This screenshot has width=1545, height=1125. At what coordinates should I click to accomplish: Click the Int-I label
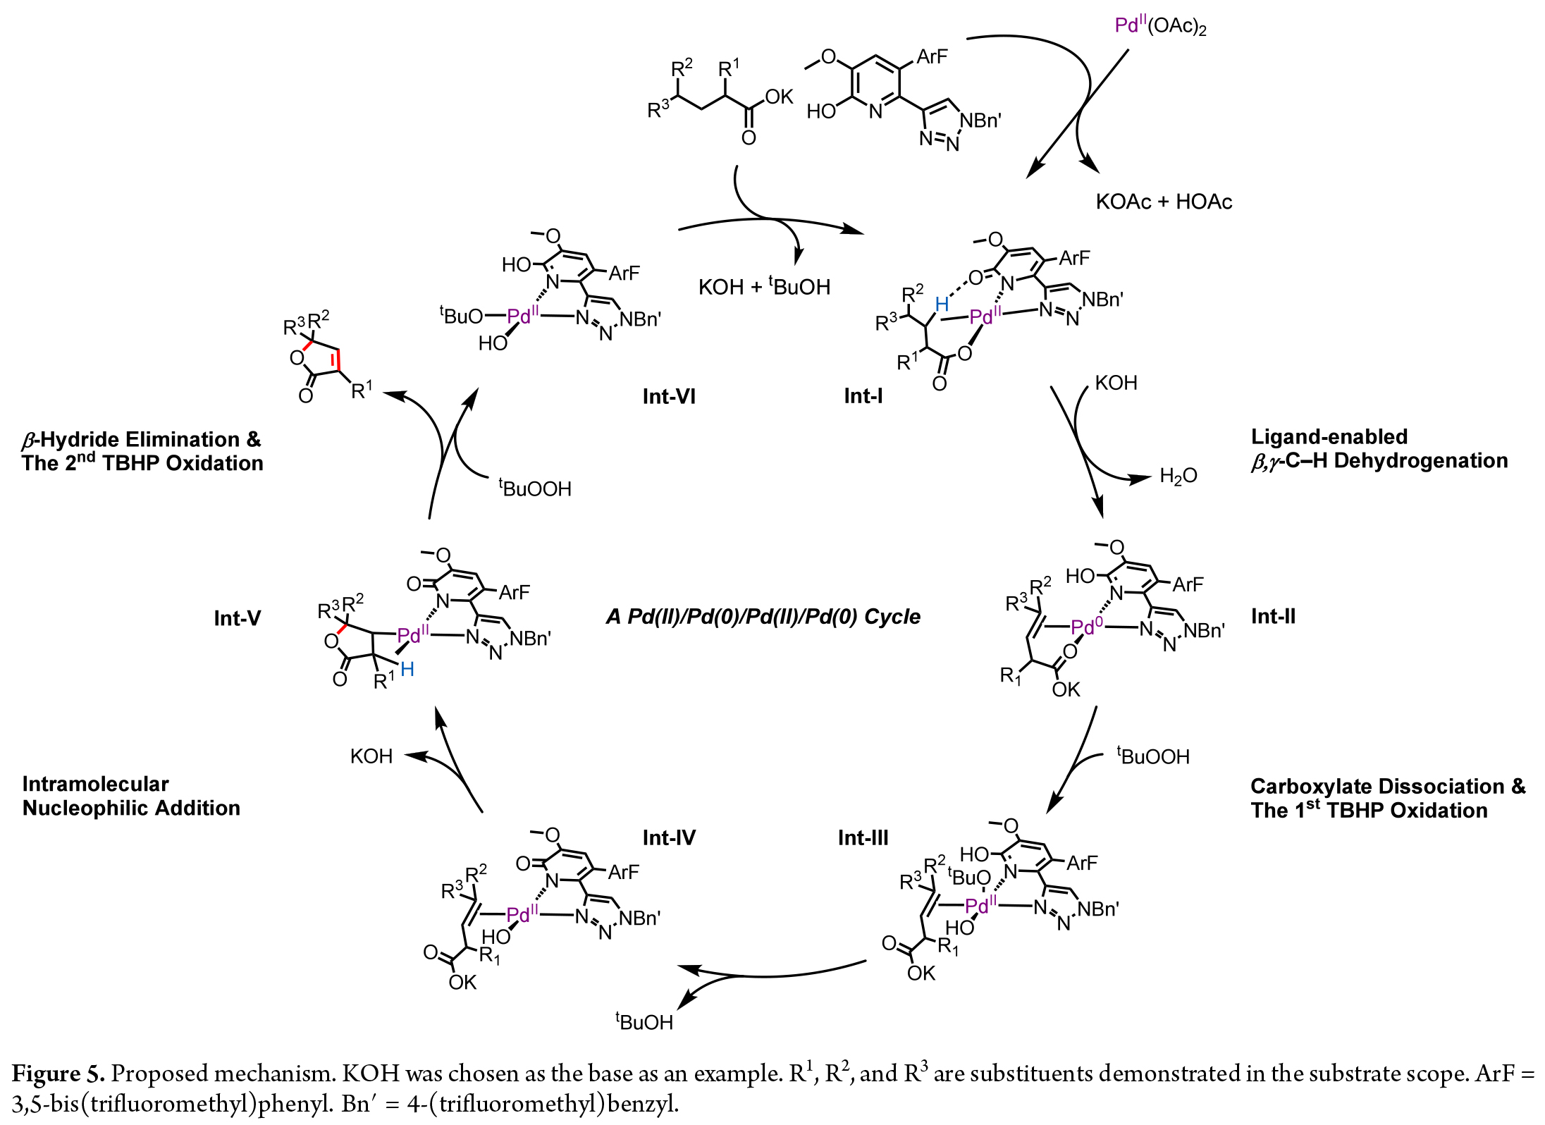pyautogui.click(x=863, y=396)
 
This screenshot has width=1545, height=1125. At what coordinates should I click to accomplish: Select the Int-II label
pyautogui.click(x=1273, y=617)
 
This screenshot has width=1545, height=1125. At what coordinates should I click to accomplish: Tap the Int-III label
pyautogui.click(x=863, y=837)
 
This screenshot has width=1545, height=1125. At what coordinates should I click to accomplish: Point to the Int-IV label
pyautogui.click(x=669, y=837)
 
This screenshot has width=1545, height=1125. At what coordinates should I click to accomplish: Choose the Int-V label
pyautogui.click(x=237, y=618)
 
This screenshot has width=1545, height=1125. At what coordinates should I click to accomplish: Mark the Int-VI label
pyautogui.click(x=669, y=396)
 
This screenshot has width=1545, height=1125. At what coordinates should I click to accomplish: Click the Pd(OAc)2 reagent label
pyautogui.click(x=1160, y=27)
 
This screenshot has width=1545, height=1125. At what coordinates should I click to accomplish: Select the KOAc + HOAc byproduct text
pyautogui.click(x=1164, y=202)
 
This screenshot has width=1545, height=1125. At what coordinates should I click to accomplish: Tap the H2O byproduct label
pyautogui.click(x=1178, y=477)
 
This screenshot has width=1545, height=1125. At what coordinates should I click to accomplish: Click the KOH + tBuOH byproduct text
pyautogui.click(x=764, y=287)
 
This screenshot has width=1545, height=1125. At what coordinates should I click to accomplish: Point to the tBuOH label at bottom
pyautogui.click(x=644, y=1021)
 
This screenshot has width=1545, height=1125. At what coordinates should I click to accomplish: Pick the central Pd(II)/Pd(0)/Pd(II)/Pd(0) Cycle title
pyautogui.click(x=763, y=617)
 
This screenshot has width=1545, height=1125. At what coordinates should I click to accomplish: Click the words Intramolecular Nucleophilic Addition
pyautogui.click(x=131, y=796)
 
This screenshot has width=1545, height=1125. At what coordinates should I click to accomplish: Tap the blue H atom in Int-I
pyautogui.click(x=942, y=305)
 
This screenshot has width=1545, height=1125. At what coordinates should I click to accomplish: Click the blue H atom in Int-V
pyautogui.click(x=407, y=670)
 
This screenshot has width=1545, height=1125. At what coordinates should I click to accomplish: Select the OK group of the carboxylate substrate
pyautogui.click(x=779, y=97)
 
